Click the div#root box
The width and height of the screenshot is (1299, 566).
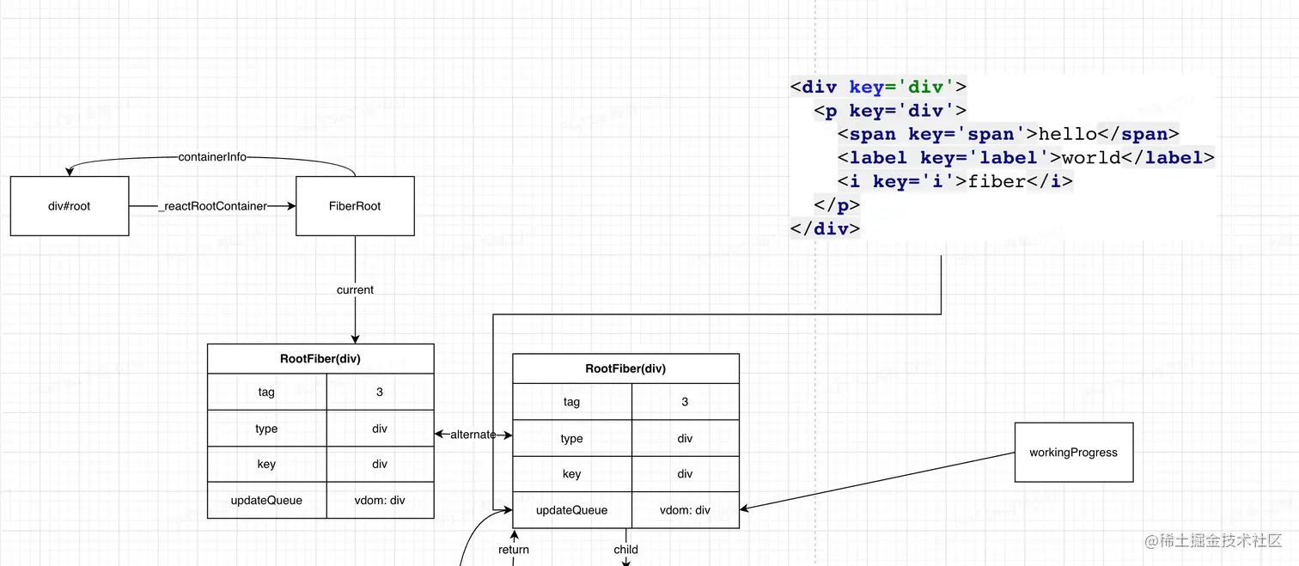coord(70,206)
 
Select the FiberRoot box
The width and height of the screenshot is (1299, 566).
coord(355,206)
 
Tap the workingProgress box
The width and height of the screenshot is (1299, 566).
coord(1073,452)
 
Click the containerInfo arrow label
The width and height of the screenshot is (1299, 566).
coord(212,157)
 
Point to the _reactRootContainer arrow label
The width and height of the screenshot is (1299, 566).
coord(212,206)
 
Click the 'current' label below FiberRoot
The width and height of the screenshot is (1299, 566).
coord(355,290)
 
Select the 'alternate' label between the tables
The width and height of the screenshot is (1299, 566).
coord(473,435)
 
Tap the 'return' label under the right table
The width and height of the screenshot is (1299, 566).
coord(514,550)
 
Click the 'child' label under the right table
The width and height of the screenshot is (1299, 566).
coord(625,550)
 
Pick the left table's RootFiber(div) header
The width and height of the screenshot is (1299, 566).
coord(320,359)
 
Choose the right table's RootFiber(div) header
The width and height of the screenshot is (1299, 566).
coord(625,368)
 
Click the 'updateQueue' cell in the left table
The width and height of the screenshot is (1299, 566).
coord(266,500)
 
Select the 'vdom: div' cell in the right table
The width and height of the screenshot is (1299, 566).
coord(685,510)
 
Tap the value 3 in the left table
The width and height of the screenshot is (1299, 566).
coord(380,392)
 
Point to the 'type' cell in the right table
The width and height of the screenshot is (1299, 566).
coord(571,438)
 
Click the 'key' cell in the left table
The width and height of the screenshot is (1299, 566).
coord(266,464)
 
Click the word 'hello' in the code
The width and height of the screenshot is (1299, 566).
coord(1068,134)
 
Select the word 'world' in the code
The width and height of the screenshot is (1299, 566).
coord(1091,157)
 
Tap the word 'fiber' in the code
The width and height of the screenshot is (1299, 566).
coord(997,181)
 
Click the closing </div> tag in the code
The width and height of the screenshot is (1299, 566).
coord(825,228)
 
